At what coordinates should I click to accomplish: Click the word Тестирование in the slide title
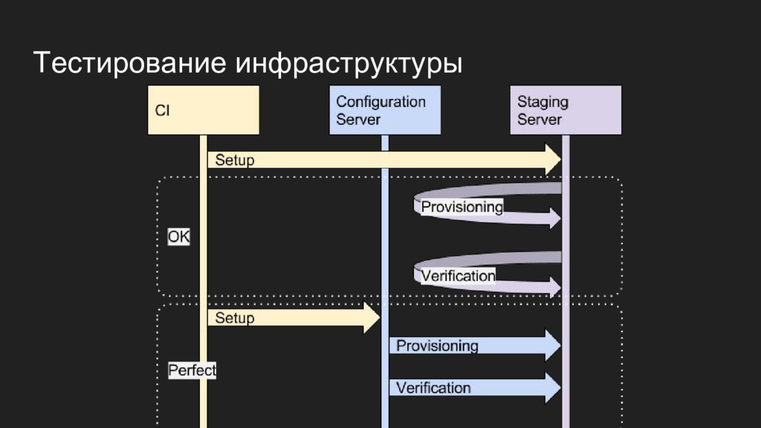point(131,62)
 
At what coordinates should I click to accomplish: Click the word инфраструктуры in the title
point(349,64)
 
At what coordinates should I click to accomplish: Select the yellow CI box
point(203,110)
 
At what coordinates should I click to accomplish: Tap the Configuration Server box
point(384,110)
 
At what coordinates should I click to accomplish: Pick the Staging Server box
point(566,110)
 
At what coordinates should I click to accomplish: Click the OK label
point(178,237)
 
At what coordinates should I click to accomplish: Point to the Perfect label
point(192,370)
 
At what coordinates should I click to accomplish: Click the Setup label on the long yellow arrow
point(235,160)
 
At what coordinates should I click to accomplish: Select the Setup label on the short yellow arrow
point(235,318)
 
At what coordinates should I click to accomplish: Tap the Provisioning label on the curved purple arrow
point(462,207)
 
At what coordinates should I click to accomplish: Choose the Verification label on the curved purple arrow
point(458,276)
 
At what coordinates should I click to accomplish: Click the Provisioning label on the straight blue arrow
point(437,346)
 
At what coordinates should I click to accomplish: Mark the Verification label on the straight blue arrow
point(433,388)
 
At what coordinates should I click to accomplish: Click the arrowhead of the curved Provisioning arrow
point(553,217)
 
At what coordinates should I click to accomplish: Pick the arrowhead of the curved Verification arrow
point(553,286)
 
